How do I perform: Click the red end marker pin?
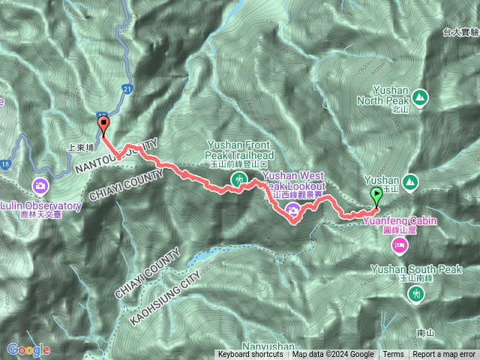[103, 125]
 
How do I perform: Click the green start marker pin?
[376, 195]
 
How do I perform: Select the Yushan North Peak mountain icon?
[419, 97]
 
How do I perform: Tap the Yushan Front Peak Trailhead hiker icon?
[238, 179]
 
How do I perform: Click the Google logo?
[28, 349]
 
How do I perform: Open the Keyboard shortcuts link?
[250, 355]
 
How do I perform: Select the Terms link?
[392, 355]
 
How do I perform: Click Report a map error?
[444, 355]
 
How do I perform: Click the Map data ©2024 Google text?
[333, 355]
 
